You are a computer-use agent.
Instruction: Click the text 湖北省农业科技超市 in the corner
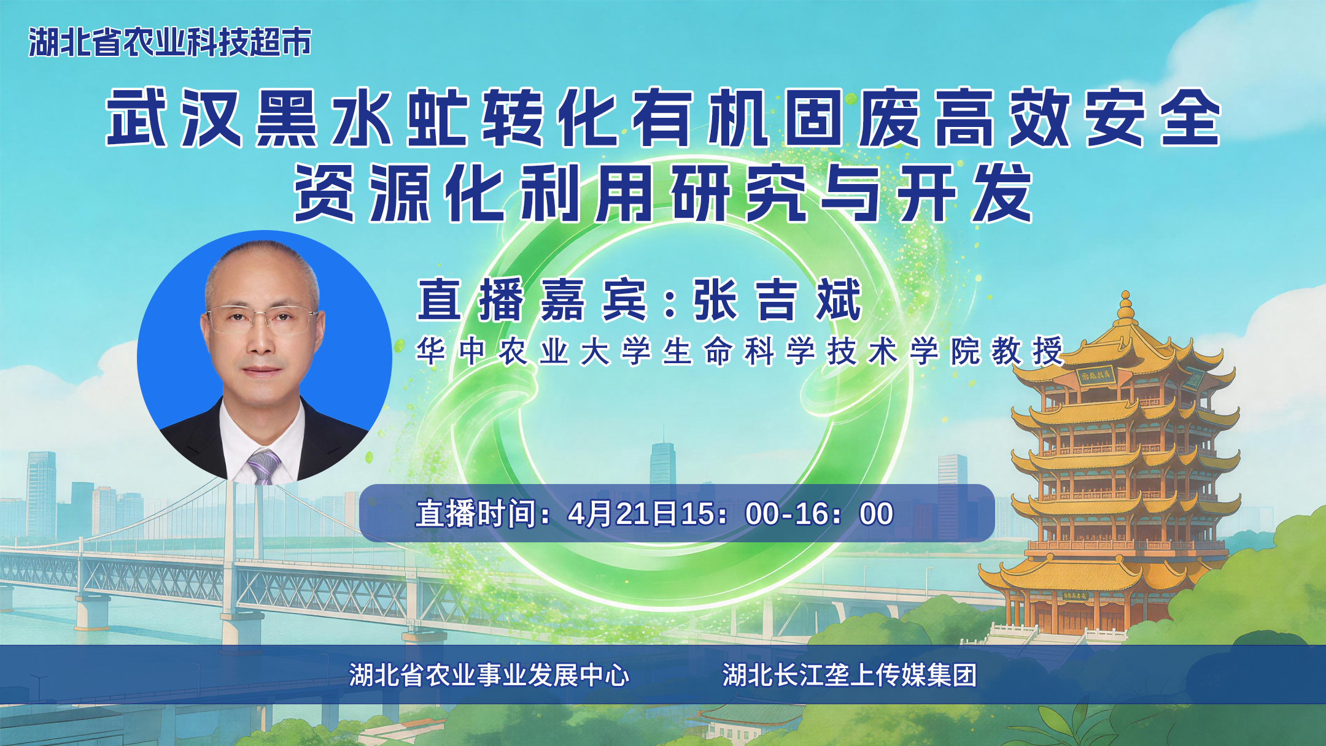coord(169,42)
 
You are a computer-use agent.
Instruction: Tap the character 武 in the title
coord(136,117)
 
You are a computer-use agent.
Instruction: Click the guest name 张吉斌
coord(777,299)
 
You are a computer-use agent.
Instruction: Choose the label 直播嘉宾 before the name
coord(532,299)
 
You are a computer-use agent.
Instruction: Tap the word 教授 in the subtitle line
coord(1027,351)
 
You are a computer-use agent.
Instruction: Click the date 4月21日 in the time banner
coord(623,513)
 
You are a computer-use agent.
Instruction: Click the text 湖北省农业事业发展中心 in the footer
coord(489,675)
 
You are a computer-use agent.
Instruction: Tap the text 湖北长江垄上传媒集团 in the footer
coord(850,675)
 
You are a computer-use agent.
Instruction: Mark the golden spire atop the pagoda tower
coord(1125,307)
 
